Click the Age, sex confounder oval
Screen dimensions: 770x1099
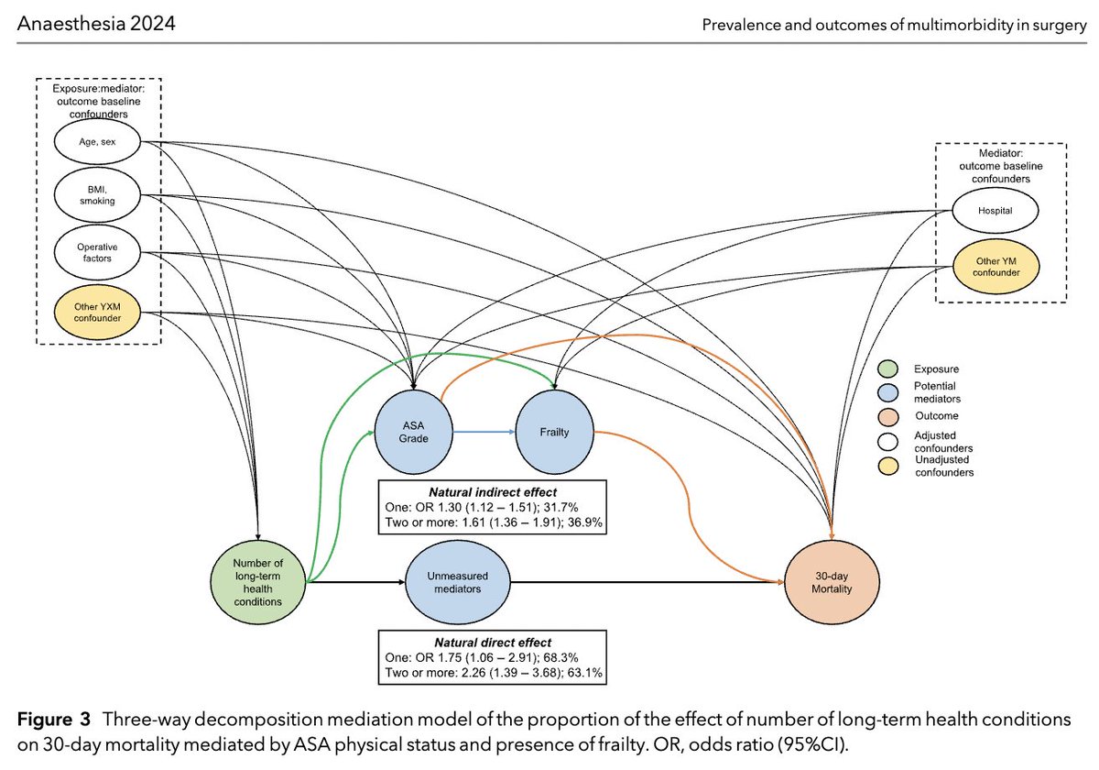(x=95, y=142)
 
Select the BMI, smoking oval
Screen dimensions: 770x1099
(x=95, y=195)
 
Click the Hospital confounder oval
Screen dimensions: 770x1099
(x=995, y=211)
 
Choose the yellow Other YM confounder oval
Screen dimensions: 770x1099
(x=995, y=266)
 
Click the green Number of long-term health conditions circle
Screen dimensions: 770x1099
(x=257, y=581)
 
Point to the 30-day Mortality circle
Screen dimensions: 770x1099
(x=832, y=581)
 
